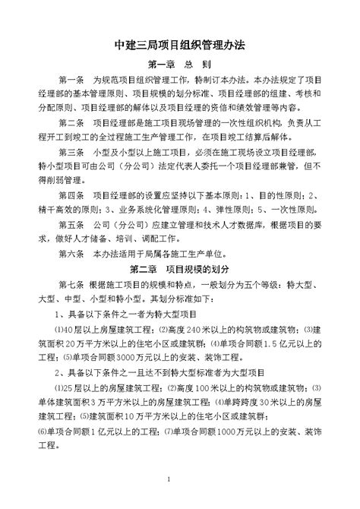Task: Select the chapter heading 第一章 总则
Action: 179,65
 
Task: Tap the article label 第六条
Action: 71,254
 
